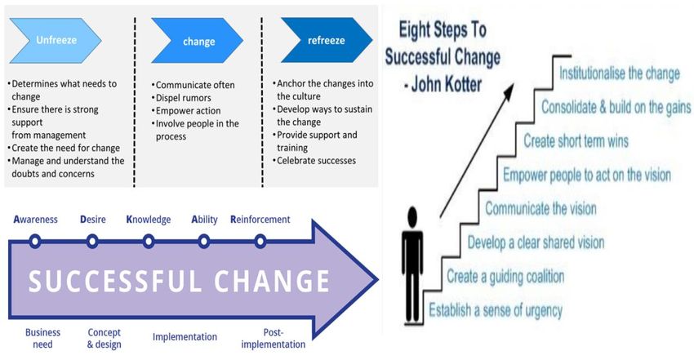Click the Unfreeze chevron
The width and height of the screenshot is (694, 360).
56,40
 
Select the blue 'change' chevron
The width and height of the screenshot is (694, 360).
198,41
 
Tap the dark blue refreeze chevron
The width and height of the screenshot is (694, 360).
327,40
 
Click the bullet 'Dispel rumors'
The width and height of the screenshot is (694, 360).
181,98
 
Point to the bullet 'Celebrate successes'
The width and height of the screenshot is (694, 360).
314,161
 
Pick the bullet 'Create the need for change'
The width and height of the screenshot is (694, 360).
64,148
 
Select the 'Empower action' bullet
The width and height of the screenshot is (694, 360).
186,110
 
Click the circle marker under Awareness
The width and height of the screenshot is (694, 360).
35,242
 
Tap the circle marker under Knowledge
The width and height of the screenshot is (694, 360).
149,242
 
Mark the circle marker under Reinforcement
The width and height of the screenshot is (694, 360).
260,242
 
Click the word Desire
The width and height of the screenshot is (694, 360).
93,220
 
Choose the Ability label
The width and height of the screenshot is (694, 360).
204,220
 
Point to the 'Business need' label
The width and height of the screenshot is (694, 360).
42,338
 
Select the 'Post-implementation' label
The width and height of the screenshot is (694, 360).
273,338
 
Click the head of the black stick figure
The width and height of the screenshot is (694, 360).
412,218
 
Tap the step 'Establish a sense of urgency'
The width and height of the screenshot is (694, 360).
496,310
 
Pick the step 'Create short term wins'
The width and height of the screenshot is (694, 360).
576,141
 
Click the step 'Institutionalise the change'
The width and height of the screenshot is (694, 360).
619,73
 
